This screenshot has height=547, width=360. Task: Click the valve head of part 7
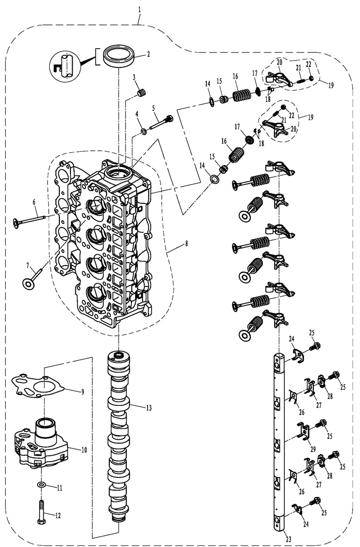pos(26,283)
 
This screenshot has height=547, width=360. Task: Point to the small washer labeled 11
pos(42,485)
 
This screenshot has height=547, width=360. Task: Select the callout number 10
pos(84,449)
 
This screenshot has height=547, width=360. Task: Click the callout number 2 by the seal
pos(148,54)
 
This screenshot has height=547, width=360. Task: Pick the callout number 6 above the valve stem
pos(34,202)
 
